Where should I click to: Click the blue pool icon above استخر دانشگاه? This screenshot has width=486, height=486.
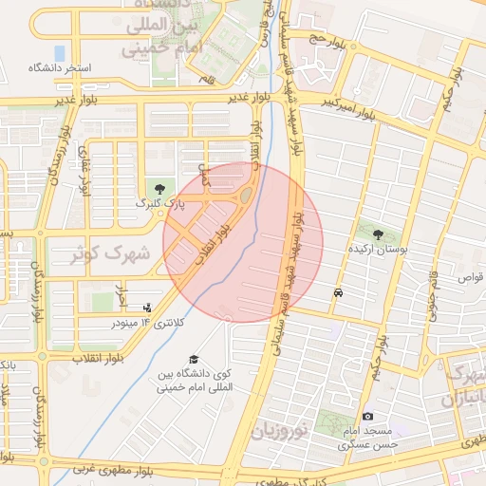(x=61, y=52)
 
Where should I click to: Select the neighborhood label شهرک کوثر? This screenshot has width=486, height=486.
(x=112, y=253)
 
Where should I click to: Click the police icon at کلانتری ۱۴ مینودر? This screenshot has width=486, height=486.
(x=146, y=308)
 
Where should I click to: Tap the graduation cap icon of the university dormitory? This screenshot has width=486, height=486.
(x=195, y=360)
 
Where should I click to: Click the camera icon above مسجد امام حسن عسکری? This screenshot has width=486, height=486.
(x=368, y=416)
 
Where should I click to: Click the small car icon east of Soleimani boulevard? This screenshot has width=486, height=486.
(x=339, y=293)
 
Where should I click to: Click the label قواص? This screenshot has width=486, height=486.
(x=471, y=277)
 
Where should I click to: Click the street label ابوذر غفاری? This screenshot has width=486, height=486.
(x=84, y=171)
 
